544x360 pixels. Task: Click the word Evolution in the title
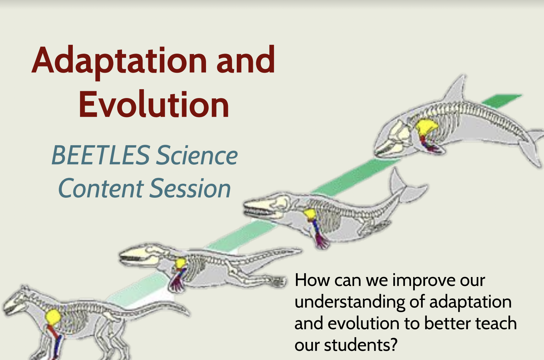click(154, 105)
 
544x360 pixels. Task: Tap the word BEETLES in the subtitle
click(100, 155)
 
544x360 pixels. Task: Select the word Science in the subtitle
click(197, 155)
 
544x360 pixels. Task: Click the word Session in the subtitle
click(190, 188)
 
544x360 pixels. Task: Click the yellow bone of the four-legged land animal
click(53, 317)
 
